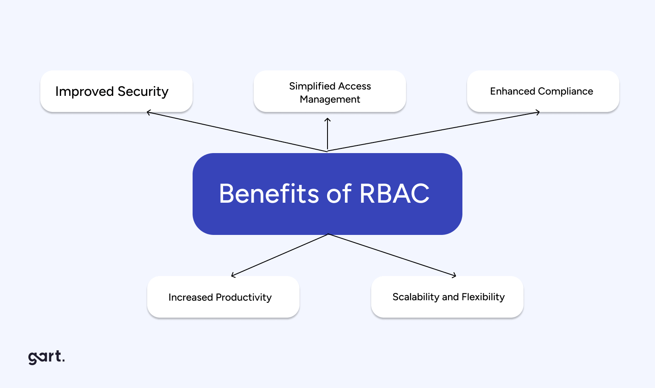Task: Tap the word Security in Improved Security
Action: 143,92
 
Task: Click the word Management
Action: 330,99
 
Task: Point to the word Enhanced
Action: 512,91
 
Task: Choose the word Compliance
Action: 565,91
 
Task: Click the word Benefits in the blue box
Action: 269,194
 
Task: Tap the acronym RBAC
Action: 394,194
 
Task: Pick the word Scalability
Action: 416,297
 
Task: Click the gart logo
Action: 46,357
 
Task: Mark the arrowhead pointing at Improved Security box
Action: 148,113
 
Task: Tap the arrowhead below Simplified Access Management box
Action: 327,120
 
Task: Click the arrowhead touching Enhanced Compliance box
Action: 538,112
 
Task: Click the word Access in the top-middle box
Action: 355,86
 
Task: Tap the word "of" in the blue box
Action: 339,194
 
